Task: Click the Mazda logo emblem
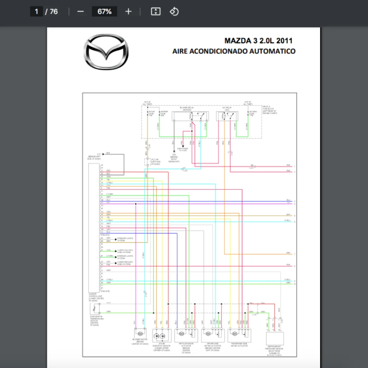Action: tap(106, 52)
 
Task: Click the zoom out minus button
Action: tap(80, 12)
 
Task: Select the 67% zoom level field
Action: tap(104, 12)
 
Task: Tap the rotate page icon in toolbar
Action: tap(174, 12)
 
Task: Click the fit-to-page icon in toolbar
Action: tap(155, 12)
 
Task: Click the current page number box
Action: tap(36, 12)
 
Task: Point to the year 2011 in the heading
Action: tap(285, 41)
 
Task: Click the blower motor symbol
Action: tap(140, 333)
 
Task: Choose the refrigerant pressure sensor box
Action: tap(275, 339)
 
